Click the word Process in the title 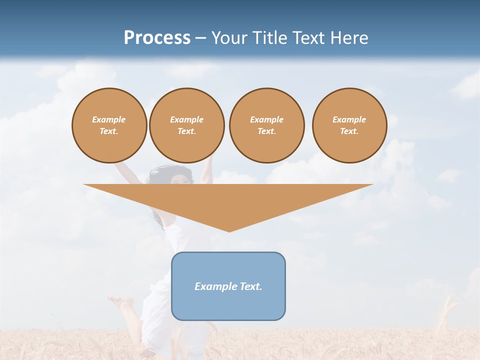[157, 38]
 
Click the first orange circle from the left [109, 125]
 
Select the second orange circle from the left [186, 125]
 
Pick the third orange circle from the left [266, 125]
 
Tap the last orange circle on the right [349, 125]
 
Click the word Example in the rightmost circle [349, 119]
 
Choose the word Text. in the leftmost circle [109, 131]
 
